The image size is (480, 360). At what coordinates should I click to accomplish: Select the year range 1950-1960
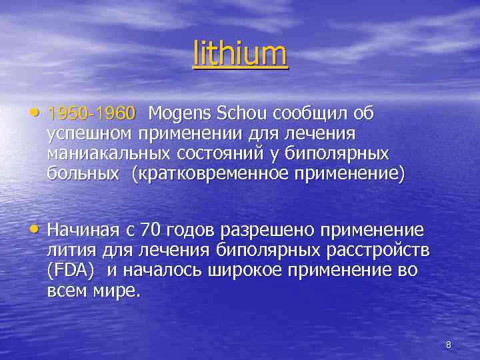click(x=91, y=114)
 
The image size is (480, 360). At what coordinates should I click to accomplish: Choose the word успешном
click(x=90, y=134)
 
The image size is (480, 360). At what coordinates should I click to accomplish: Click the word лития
click(x=71, y=251)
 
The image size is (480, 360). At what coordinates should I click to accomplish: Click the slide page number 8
click(x=448, y=345)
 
